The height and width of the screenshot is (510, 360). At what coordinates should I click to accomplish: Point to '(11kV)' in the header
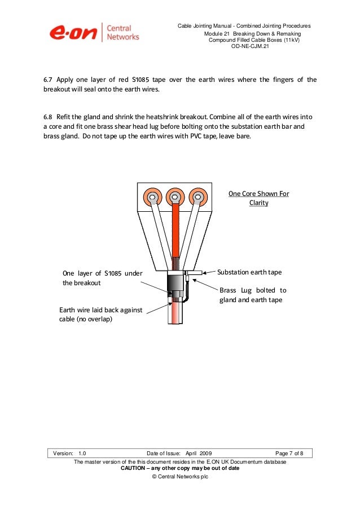coord(291,41)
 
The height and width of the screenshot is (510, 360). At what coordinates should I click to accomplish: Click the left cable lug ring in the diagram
coord(151,197)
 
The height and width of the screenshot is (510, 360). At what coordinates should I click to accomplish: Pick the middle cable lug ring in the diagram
coord(174,197)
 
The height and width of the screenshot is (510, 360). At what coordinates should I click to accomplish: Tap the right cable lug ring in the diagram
coord(197,197)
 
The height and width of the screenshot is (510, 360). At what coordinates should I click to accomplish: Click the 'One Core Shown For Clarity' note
coord(258,198)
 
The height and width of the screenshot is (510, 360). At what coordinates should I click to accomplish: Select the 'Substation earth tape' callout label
coord(249,272)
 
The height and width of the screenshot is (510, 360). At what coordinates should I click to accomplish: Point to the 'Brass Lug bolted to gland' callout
coord(252,295)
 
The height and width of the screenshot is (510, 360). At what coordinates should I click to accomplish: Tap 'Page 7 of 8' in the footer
coord(289,454)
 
